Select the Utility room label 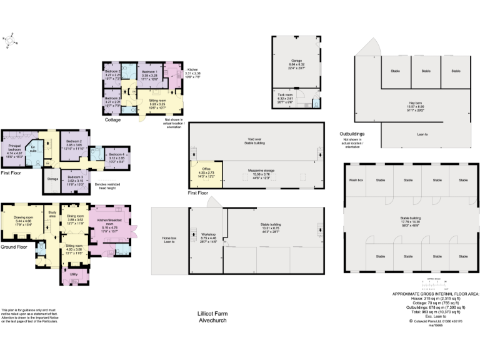point(74,274)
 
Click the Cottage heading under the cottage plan point(112,119)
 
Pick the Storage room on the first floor point(52,179)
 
